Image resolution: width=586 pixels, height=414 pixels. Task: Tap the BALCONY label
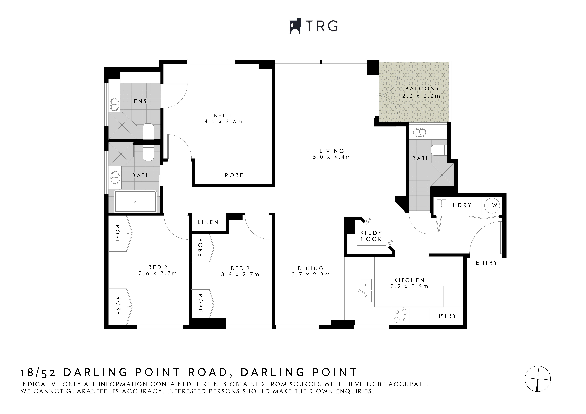(422, 88)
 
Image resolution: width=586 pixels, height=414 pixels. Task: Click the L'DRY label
(462, 205)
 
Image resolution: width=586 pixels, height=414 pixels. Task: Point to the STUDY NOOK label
(371, 236)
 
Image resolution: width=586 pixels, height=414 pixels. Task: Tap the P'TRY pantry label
(447, 316)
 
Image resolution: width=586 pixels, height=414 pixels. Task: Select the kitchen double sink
(365, 291)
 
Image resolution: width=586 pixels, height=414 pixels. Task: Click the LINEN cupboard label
(208, 222)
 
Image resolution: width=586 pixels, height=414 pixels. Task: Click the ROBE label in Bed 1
(234, 175)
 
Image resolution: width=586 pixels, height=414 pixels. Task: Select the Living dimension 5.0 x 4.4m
(332, 157)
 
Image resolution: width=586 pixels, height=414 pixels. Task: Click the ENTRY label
(486, 263)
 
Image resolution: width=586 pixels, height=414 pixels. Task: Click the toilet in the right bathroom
(439, 150)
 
